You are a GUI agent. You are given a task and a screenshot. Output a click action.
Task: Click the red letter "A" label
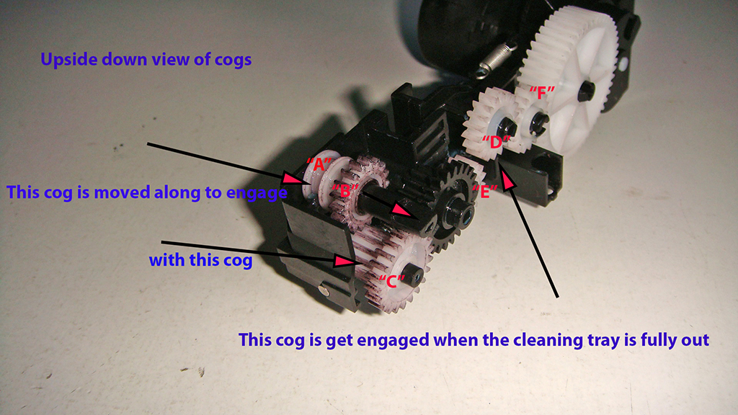point(319,165)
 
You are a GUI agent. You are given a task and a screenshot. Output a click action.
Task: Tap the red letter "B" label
point(345,190)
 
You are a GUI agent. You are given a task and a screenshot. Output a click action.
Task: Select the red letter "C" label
point(391,281)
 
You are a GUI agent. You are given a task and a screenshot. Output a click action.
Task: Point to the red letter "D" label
point(496,141)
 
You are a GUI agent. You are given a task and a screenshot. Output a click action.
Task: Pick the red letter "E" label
point(485,192)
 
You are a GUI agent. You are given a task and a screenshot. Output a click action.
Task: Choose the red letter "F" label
point(542,93)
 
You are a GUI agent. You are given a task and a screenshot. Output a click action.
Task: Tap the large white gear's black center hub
point(586,90)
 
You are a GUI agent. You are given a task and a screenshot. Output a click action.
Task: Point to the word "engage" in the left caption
point(257,193)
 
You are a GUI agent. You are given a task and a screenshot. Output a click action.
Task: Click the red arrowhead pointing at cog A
point(293,179)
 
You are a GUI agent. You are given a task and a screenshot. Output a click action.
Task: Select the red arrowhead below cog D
point(507,181)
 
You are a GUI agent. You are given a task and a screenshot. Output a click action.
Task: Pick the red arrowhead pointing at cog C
point(344,261)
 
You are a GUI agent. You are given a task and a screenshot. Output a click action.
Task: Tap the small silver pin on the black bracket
point(324,291)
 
